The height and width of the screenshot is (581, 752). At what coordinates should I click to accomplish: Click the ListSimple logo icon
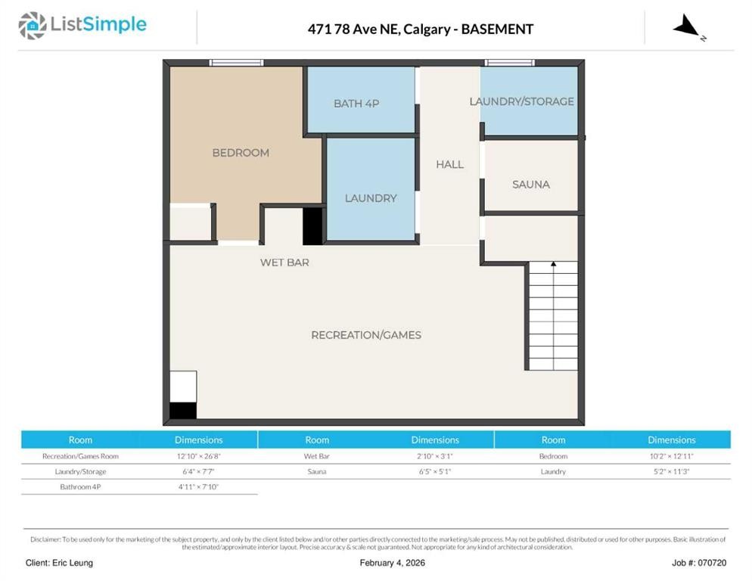[33, 26]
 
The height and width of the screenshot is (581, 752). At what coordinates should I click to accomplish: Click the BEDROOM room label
[241, 153]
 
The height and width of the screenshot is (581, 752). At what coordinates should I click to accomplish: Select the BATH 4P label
[356, 104]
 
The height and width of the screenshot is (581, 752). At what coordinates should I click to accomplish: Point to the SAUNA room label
[531, 185]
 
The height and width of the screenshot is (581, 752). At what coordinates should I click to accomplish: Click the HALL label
[449, 164]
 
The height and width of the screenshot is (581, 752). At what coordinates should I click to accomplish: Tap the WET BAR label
[284, 263]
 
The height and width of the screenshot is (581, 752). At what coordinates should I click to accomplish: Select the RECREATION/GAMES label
[366, 335]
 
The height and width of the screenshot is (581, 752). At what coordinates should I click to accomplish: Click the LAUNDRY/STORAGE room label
[521, 101]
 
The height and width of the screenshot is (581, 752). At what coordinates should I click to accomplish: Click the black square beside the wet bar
[312, 226]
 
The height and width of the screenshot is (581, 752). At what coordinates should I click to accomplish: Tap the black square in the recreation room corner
[183, 410]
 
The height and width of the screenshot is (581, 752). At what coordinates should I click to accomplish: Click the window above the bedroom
[236, 63]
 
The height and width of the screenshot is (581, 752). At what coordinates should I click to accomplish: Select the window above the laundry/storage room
[509, 63]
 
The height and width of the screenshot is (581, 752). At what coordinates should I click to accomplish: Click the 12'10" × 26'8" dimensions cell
[199, 456]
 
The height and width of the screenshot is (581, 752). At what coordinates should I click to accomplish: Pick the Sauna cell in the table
[317, 471]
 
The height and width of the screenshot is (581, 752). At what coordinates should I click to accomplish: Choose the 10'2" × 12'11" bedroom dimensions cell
[671, 456]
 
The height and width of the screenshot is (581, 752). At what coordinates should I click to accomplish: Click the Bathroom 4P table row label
[80, 486]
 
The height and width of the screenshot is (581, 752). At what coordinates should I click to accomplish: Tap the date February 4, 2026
[392, 563]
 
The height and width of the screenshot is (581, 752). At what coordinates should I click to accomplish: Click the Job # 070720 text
[699, 563]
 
